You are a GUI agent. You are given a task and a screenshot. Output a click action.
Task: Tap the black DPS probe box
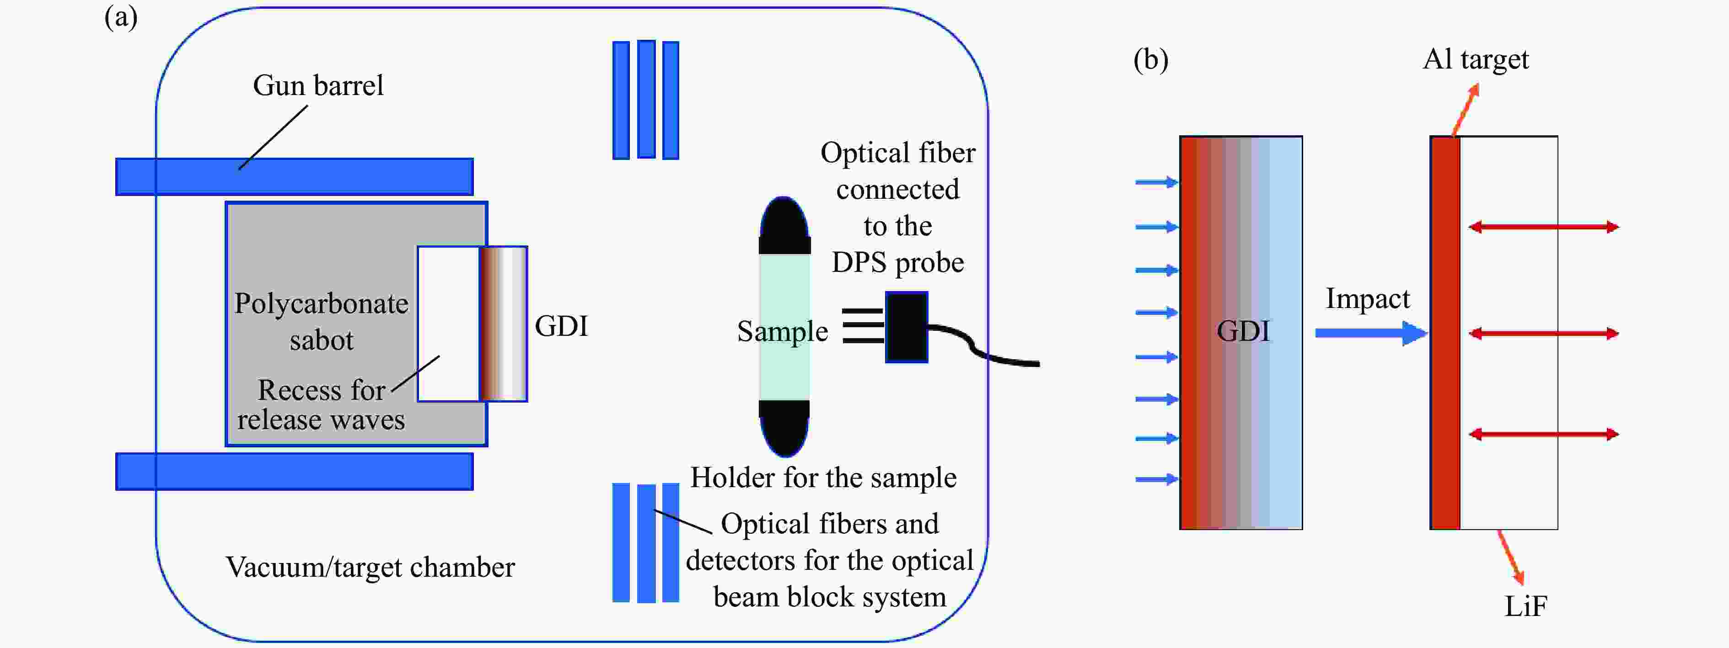[906, 327]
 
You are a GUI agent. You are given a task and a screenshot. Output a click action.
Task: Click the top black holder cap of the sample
[784, 227]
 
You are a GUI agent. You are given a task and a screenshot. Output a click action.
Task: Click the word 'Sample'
[783, 331]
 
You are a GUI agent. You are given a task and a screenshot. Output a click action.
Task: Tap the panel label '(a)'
[121, 17]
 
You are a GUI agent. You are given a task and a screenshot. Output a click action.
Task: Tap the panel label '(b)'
[1150, 60]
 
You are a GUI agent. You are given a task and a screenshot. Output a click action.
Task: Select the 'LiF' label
[1525, 606]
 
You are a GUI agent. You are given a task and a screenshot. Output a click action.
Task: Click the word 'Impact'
[1367, 298]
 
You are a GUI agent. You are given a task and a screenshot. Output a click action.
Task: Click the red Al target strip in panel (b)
[1445, 333]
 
